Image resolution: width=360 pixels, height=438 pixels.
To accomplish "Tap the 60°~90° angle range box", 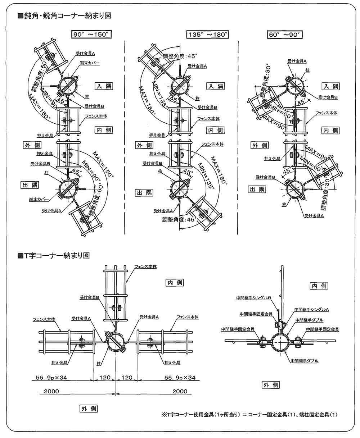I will [285, 35].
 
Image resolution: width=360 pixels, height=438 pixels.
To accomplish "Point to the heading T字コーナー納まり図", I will [56, 256].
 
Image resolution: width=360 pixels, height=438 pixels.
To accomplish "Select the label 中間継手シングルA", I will [312, 309].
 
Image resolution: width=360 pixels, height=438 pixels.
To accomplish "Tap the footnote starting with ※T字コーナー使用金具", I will [250, 415].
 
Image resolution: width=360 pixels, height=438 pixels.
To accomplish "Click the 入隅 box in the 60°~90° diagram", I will [330, 86].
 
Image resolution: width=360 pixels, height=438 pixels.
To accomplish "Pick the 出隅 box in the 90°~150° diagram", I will [30, 184].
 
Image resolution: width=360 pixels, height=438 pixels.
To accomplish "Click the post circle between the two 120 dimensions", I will [116, 342].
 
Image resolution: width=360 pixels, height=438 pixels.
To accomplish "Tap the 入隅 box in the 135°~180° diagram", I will [215, 86].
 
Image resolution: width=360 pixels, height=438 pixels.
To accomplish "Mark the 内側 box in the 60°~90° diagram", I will [330, 130].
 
